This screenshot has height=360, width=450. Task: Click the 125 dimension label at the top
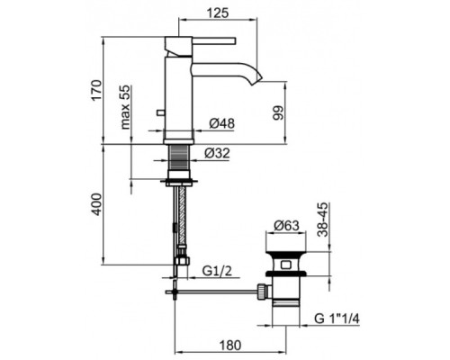(x=218, y=13)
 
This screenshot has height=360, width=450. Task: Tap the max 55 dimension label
(x=126, y=107)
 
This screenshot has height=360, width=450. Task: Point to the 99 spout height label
(x=278, y=112)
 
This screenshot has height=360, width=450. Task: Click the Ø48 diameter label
(x=222, y=123)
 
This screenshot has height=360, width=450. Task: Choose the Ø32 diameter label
(x=217, y=153)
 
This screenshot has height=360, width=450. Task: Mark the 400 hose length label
(x=97, y=204)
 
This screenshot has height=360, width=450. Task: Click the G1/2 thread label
(x=217, y=272)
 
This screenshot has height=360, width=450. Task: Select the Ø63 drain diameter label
(x=286, y=225)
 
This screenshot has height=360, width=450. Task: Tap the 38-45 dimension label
(x=323, y=220)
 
